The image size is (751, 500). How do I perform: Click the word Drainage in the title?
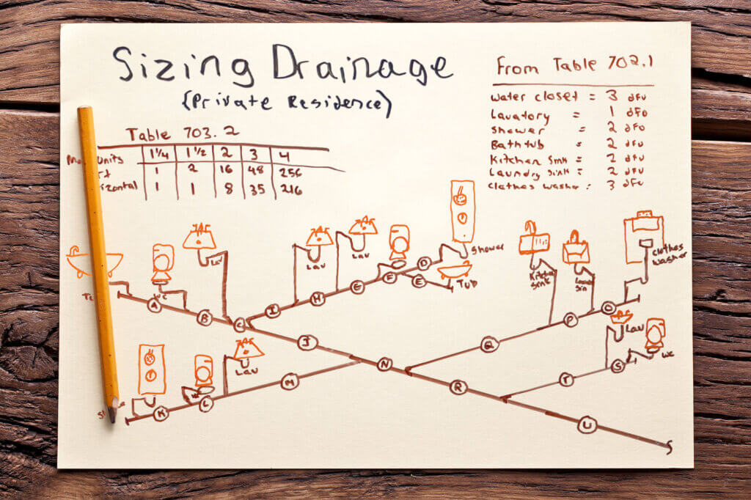click(x=361, y=67)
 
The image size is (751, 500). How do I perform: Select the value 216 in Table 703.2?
click(x=290, y=191)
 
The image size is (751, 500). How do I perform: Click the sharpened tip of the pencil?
click(x=112, y=418)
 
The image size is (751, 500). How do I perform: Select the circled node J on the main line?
click(x=307, y=342)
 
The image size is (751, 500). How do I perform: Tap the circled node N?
click(x=384, y=364)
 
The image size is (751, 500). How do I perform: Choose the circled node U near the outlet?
click(x=586, y=424)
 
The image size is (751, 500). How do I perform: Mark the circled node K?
click(x=161, y=414)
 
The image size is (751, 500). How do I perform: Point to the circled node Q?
click(x=489, y=345)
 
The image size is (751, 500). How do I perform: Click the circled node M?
click(x=290, y=381)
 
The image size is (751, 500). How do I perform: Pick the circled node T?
click(x=566, y=379)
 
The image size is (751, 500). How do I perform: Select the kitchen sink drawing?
click(x=534, y=242)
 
